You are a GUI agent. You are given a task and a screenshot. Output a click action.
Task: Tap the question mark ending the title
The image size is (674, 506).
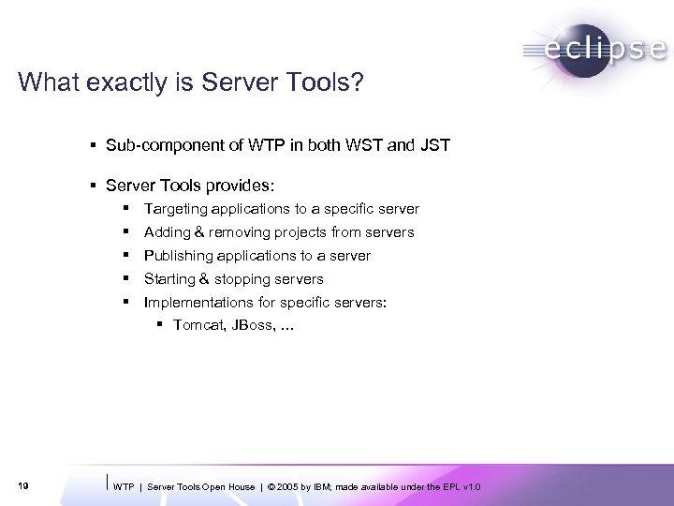tap(358, 83)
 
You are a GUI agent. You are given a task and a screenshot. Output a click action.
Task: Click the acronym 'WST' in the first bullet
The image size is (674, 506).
tap(364, 145)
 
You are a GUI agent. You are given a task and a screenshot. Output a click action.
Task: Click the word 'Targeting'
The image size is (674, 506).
tap(175, 209)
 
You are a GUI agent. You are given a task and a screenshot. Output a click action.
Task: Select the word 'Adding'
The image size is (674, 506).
tap(166, 232)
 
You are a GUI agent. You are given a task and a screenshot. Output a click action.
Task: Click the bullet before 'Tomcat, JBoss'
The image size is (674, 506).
tap(160, 325)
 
